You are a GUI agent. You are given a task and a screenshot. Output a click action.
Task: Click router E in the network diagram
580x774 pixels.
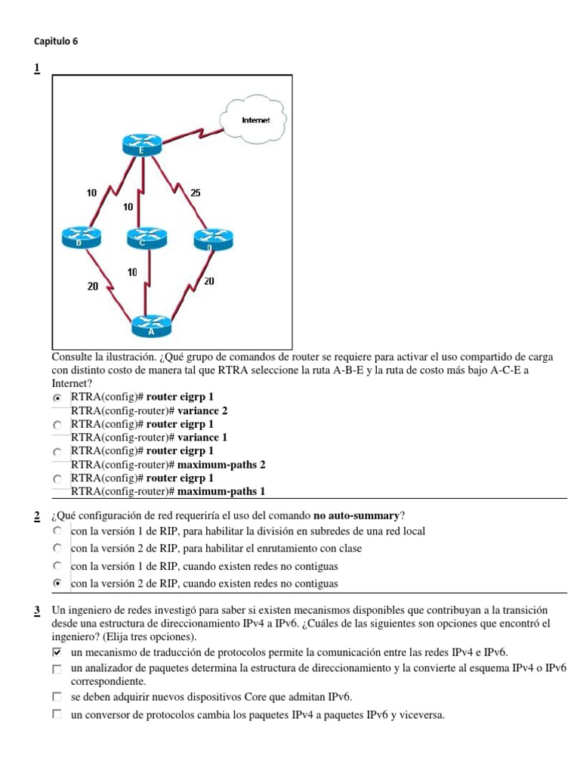[x=142, y=144]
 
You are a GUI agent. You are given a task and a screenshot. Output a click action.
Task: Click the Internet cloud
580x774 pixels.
[x=253, y=119]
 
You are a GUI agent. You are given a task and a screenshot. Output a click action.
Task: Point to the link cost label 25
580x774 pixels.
[x=195, y=193]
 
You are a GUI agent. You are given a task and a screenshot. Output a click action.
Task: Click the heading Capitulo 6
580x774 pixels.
[x=57, y=42]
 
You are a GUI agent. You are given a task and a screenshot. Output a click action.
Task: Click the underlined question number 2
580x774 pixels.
[x=36, y=516]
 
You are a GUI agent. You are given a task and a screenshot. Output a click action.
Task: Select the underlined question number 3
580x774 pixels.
[x=36, y=610]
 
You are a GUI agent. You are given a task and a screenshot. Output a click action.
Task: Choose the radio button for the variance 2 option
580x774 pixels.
[x=57, y=398]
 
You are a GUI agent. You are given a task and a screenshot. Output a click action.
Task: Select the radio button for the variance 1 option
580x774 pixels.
[x=57, y=426]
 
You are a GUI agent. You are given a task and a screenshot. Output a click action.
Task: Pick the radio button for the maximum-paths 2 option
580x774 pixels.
[x=57, y=452]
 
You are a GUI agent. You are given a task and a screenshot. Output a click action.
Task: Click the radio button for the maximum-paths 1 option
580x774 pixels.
[x=57, y=479]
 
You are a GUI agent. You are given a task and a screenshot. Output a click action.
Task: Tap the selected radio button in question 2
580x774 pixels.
[x=57, y=584]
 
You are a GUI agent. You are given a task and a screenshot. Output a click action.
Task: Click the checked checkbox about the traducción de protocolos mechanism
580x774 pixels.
[x=57, y=652]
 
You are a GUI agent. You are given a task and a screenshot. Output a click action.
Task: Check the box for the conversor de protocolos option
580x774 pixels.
[x=57, y=714]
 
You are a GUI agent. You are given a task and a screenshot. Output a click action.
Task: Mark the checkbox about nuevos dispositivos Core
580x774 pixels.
[x=57, y=697]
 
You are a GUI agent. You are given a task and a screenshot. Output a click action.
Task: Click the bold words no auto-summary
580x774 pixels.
[x=356, y=516]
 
